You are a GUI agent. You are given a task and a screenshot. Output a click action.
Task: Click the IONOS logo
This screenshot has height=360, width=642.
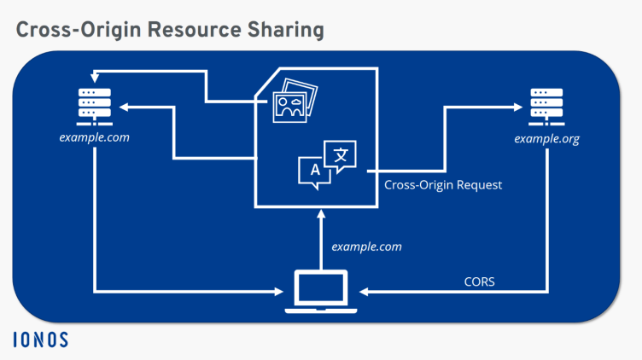[40, 340]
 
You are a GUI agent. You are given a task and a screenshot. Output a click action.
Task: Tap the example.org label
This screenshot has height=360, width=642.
[546, 139]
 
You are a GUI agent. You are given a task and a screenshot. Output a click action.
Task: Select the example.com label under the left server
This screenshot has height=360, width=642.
[95, 137]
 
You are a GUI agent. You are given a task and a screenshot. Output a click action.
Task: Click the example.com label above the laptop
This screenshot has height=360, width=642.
[366, 247]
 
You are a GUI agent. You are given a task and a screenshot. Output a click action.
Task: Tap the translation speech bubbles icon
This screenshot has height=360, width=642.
[326, 164]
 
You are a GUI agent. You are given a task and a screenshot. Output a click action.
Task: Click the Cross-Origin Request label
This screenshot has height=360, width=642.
[443, 185]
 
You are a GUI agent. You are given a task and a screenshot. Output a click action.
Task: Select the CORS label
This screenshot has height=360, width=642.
[480, 281]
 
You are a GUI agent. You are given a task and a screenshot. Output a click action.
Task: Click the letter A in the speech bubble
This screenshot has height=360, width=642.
[314, 170]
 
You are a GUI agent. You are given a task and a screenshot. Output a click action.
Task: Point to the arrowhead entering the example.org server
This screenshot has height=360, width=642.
[518, 107]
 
